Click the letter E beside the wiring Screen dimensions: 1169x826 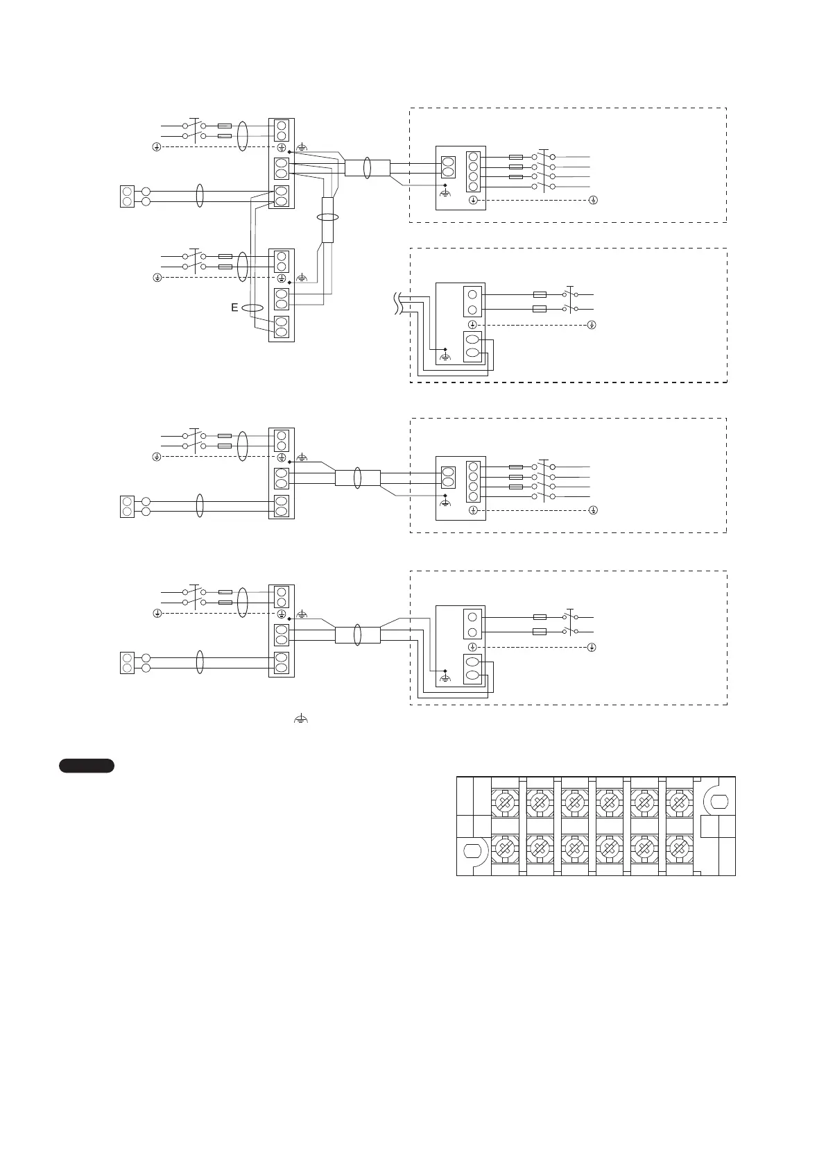click(235, 308)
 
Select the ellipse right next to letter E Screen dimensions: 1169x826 click(253, 308)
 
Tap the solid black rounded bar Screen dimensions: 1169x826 click(86, 766)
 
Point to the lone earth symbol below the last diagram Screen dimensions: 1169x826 click(300, 720)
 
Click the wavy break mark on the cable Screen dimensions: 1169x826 click(397, 303)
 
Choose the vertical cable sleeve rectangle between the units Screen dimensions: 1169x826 click(328, 219)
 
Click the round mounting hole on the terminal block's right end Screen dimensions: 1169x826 click(716, 802)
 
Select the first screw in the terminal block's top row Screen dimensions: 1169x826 click(505, 803)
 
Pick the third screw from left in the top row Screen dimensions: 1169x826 click(574, 803)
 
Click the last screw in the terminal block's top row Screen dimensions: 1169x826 click(679, 803)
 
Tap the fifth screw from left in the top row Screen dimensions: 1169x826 click(644, 803)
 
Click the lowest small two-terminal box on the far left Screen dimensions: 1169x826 click(127, 662)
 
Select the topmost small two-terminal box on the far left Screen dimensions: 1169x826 click(127, 196)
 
